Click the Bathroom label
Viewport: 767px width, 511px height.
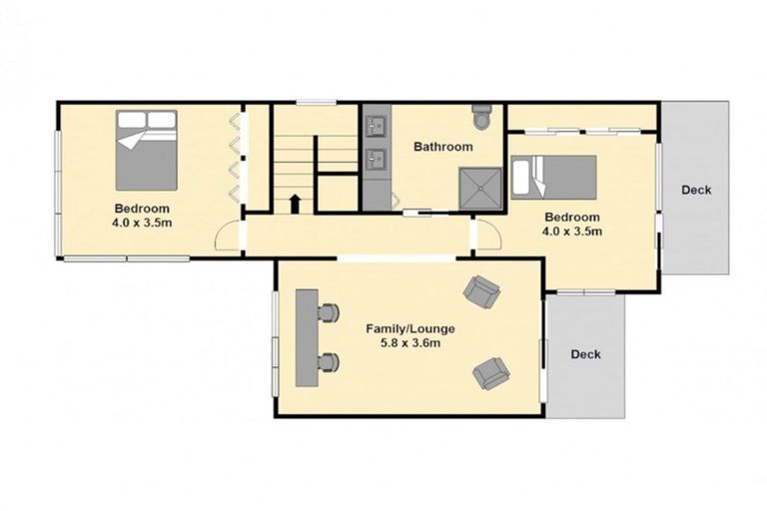[443, 147]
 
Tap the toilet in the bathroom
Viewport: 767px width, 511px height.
[482, 118]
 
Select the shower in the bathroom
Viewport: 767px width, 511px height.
[478, 187]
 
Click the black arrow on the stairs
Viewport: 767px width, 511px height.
[296, 204]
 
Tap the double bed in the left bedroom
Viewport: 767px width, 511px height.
[147, 150]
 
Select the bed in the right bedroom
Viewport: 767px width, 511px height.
[554, 177]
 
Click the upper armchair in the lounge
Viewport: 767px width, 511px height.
[481, 291]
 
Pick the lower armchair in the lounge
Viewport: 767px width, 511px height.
[490, 373]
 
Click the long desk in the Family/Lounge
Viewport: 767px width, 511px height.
[306, 338]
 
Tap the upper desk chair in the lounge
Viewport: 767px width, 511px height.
[328, 313]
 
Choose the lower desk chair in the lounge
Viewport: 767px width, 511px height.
[329, 362]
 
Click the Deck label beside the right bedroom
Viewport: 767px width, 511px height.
[696, 190]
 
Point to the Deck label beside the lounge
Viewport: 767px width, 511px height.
[585, 354]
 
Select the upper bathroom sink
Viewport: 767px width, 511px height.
[377, 126]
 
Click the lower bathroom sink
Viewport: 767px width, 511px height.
[377, 157]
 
